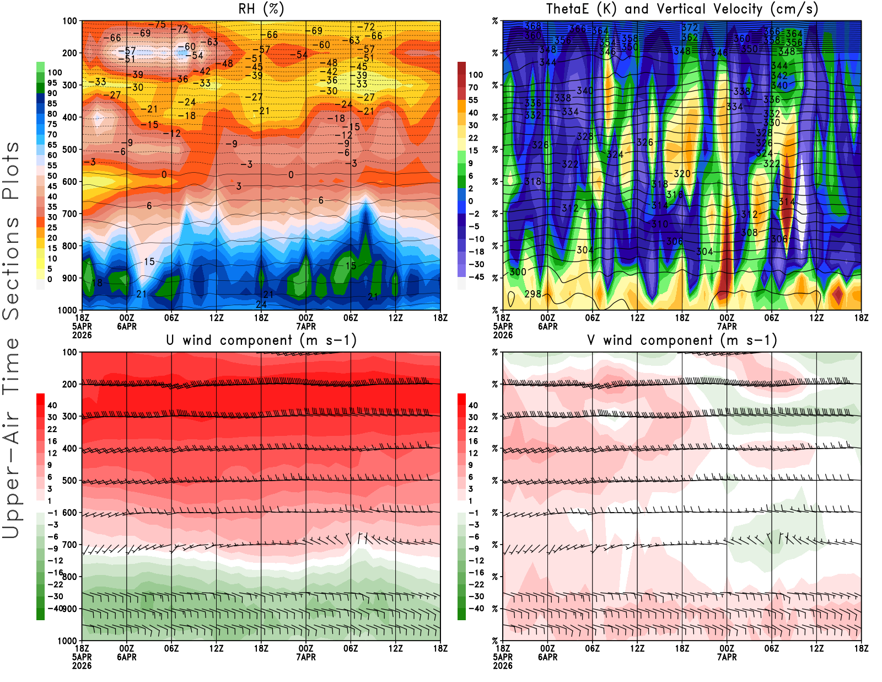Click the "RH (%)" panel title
pyautogui.click(x=261, y=9)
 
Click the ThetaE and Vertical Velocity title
pyautogui.click(x=682, y=9)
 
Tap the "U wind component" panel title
pyautogui.click(x=261, y=340)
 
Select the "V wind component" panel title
pyautogui.click(x=682, y=340)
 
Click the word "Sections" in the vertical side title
pyautogui.click(x=11, y=268)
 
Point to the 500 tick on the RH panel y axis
pyautogui.click(x=70, y=150)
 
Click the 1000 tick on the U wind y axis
pyautogui.click(x=68, y=641)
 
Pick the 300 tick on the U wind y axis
pyautogui.click(x=70, y=417)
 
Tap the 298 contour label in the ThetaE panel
pyautogui.click(x=533, y=294)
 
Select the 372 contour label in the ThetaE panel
pyautogui.click(x=690, y=28)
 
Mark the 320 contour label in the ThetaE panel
pyautogui.click(x=682, y=174)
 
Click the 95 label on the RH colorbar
pyautogui.click(x=52, y=83)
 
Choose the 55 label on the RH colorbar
pyautogui.click(x=52, y=166)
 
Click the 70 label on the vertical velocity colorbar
pyautogui.click(x=473, y=87)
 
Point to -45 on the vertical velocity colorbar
pyautogui.click(x=476, y=277)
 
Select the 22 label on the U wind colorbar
pyautogui.click(x=52, y=429)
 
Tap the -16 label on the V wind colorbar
pyautogui.click(x=476, y=573)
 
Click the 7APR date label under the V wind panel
pyautogui.click(x=727, y=657)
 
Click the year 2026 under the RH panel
pyautogui.click(x=82, y=335)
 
